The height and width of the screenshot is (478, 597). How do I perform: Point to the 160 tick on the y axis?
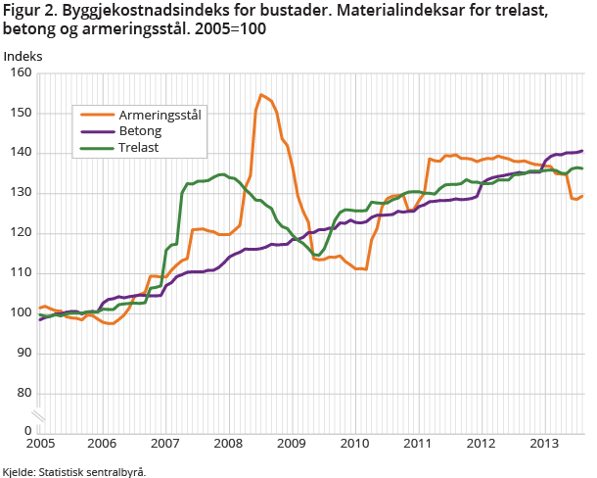click(x=21, y=73)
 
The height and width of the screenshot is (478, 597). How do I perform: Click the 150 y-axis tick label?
click(x=21, y=113)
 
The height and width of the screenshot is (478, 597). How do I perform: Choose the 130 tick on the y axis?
click(x=21, y=193)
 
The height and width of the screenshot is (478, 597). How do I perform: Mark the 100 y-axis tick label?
click(x=21, y=312)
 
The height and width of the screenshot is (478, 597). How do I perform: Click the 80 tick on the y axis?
click(x=23, y=393)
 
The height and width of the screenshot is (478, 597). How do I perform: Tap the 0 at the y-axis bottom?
click(x=27, y=430)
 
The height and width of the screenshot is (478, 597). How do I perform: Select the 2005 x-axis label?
click(x=40, y=443)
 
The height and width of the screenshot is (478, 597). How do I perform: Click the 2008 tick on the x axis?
click(x=228, y=443)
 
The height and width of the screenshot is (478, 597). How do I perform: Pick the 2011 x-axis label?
click(x=417, y=443)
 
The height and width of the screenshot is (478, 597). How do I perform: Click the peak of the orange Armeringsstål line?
click(x=261, y=95)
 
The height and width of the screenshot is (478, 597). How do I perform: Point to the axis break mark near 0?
click(x=38, y=415)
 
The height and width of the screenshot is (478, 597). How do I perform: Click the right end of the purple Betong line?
click(x=583, y=151)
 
